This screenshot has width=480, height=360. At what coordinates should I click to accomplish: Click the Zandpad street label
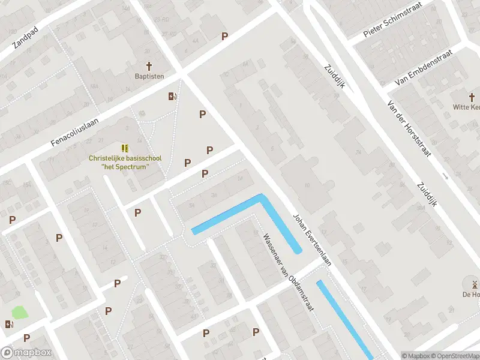(26, 37)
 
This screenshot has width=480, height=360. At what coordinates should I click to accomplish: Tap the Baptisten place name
(149, 77)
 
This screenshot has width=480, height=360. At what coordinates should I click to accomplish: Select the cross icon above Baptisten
(149, 65)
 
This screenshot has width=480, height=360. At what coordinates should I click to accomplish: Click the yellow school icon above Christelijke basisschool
(125, 148)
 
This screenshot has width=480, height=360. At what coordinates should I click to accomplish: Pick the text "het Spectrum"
(125, 166)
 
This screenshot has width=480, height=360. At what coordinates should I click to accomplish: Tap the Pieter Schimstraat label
(393, 20)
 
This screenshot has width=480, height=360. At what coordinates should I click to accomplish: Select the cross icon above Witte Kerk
(472, 97)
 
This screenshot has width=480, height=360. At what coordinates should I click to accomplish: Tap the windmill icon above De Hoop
(474, 284)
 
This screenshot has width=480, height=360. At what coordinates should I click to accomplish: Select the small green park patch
(20, 313)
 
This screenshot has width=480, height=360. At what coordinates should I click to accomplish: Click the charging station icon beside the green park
(9, 325)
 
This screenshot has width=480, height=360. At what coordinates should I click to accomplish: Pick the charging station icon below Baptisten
(172, 97)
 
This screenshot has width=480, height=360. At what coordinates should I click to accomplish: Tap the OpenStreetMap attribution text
(455, 356)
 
